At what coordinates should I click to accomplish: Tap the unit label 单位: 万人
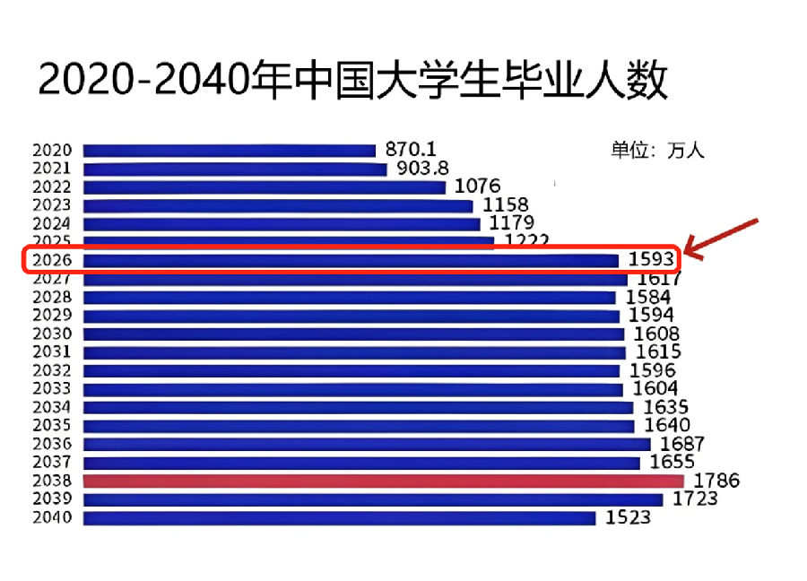657,151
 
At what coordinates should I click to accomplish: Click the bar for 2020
230,151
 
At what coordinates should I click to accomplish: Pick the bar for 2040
339,517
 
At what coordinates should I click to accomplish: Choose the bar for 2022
265,187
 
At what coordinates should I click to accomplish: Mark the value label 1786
715,481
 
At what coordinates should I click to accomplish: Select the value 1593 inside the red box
648,260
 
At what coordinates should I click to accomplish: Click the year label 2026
52,260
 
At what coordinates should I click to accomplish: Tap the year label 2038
52,481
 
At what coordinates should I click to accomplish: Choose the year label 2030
52,334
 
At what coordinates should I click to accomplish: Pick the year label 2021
52,169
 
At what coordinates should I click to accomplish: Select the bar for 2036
367,444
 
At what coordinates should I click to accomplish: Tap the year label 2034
52,407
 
